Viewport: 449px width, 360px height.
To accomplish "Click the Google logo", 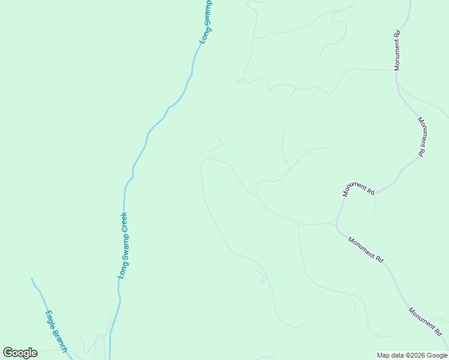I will click(x=20, y=353).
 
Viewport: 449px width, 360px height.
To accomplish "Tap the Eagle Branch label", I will click(x=56, y=331).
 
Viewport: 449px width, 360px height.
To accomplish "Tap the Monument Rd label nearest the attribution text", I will click(x=425, y=322).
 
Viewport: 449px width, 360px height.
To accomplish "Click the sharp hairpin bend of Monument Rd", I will click(x=338, y=227).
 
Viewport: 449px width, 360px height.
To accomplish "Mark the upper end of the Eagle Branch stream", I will click(x=32, y=278).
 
